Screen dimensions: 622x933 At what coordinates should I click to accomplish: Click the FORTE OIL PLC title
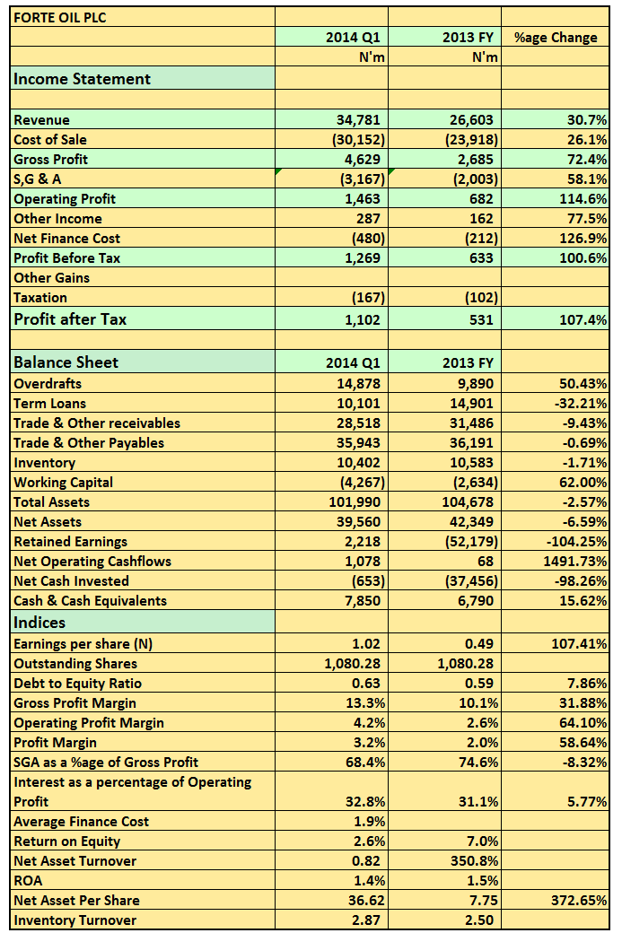pyautogui.click(x=59, y=17)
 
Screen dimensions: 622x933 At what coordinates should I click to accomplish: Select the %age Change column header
pyautogui.click(x=556, y=38)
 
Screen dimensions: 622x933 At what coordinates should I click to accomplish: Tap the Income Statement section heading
pyautogui.click(x=82, y=79)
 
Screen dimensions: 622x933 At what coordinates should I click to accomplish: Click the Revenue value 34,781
pyautogui.click(x=358, y=119)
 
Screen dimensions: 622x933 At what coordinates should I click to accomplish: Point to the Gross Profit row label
pyautogui.click(x=50, y=159)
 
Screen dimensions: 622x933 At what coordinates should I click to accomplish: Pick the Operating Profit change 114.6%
pyautogui.click(x=583, y=199)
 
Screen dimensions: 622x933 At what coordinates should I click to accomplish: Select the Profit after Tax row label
pyautogui.click(x=70, y=319)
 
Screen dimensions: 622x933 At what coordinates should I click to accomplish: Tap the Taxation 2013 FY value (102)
pyautogui.click(x=481, y=298)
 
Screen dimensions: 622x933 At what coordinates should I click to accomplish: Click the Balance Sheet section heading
pyautogui.click(x=66, y=362)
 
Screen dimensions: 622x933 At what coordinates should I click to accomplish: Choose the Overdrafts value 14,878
pyautogui.click(x=358, y=384)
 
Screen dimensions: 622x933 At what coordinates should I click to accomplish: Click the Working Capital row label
pyautogui.click(x=63, y=483)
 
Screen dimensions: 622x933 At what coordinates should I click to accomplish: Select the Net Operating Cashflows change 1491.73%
pyautogui.click(x=575, y=561)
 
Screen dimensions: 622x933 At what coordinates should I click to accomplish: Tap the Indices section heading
pyautogui.click(x=39, y=623)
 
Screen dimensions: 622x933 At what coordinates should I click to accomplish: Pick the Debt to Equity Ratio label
pyautogui.click(x=77, y=683)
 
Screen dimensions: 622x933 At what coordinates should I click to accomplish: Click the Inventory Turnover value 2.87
pyautogui.click(x=365, y=920)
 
